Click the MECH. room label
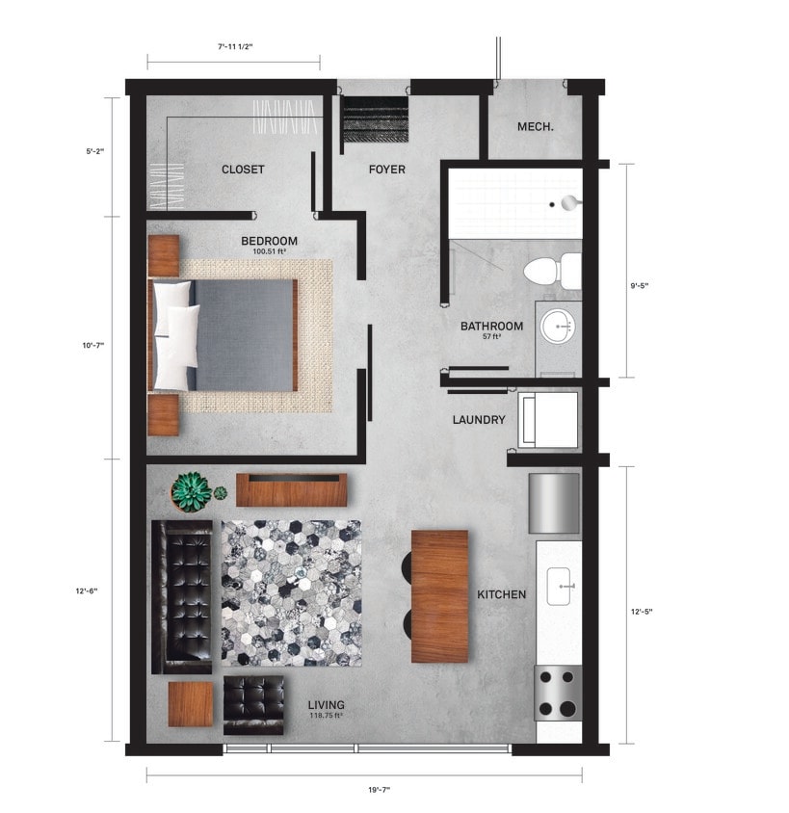[x=535, y=127]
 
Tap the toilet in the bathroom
[x=555, y=270]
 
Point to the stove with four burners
[x=558, y=694]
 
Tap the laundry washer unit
[x=548, y=419]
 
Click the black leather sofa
[x=182, y=596]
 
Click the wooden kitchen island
[x=439, y=595]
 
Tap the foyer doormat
[x=376, y=119]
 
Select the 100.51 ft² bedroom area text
[x=269, y=252]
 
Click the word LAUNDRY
[x=479, y=420]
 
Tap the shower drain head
[x=568, y=202]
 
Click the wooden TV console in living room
[x=292, y=490]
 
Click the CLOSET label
[x=243, y=170]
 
